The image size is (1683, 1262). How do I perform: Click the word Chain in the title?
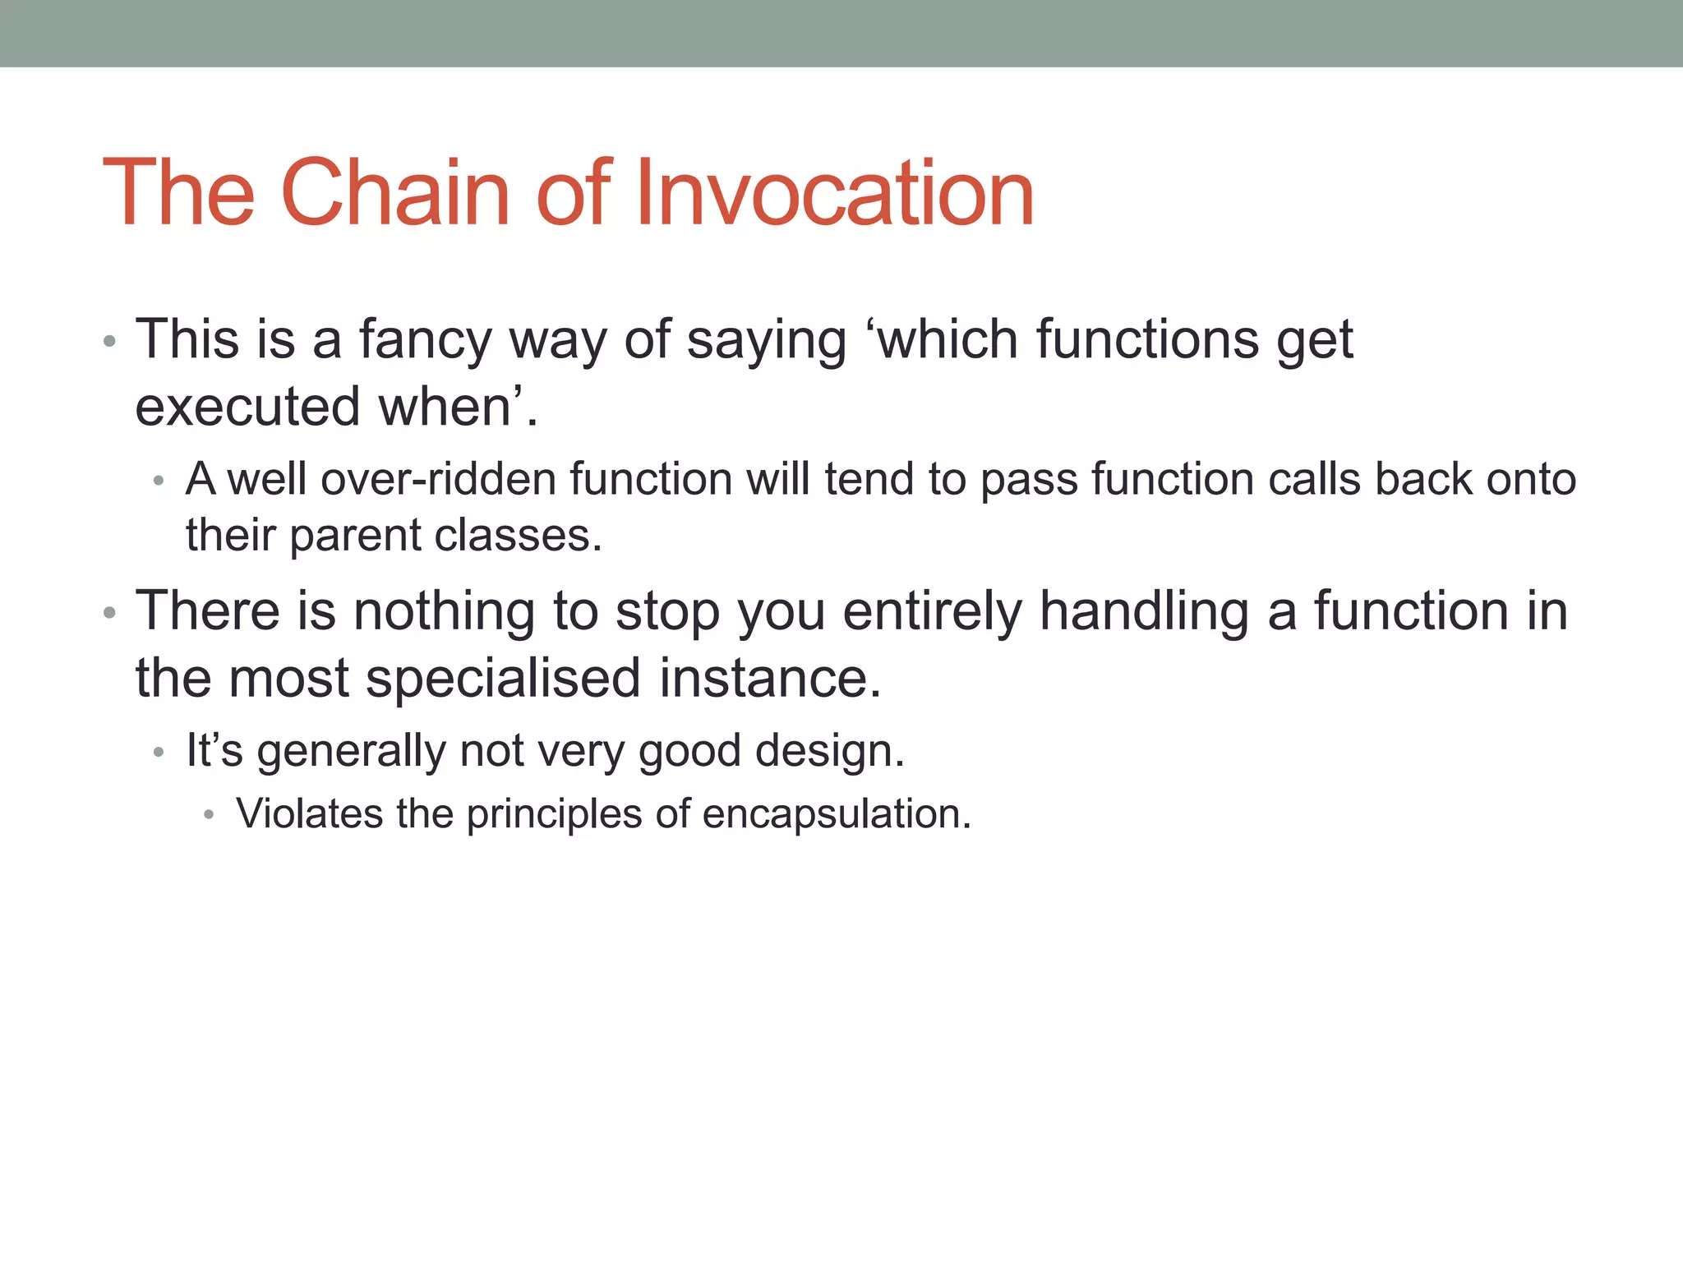coord(395,193)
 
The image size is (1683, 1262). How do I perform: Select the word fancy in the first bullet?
coord(425,340)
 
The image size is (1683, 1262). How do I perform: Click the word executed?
coord(247,407)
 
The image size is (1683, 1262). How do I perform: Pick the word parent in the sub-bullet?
coord(355,536)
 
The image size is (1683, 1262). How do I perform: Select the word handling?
coord(1144,611)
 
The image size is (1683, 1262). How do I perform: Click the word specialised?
coord(503,679)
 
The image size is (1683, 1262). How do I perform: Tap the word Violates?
coord(310,814)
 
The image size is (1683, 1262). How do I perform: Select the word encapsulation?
coord(837,814)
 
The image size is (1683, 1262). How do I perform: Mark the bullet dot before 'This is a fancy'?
coord(109,342)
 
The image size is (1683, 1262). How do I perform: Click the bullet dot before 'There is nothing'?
coord(109,613)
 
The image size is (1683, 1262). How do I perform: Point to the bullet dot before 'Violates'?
coord(209,815)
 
